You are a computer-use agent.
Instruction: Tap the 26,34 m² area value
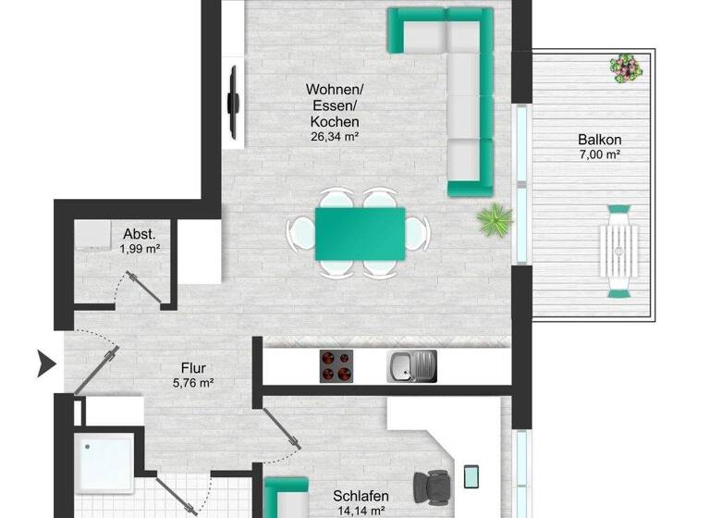(335, 136)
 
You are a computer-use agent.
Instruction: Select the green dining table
(360, 232)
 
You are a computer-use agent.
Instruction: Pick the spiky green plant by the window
(494, 220)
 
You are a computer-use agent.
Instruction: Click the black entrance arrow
(43, 364)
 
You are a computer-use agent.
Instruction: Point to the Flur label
(193, 365)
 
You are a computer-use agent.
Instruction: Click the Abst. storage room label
(139, 234)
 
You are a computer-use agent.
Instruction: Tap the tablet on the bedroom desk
(471, 475)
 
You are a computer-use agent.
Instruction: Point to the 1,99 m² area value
(141, 249)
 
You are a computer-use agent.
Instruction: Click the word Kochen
(335, 121)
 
